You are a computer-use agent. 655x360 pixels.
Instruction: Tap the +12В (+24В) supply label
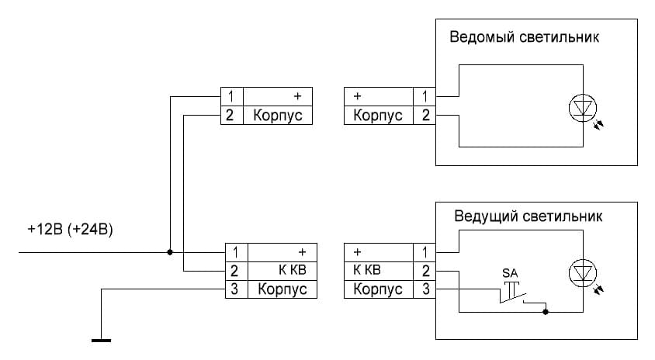coord(70,230)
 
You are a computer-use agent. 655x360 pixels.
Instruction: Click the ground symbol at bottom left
coord(102,339)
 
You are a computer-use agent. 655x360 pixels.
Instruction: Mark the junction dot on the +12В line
coord(170,252)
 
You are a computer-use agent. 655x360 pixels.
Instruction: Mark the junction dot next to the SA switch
coord(547,312)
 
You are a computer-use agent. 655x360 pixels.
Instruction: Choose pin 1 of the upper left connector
coord(230,96)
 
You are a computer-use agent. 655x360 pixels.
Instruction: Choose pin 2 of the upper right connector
coord(425,116)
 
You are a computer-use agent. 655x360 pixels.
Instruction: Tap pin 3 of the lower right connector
coord(425,289)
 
